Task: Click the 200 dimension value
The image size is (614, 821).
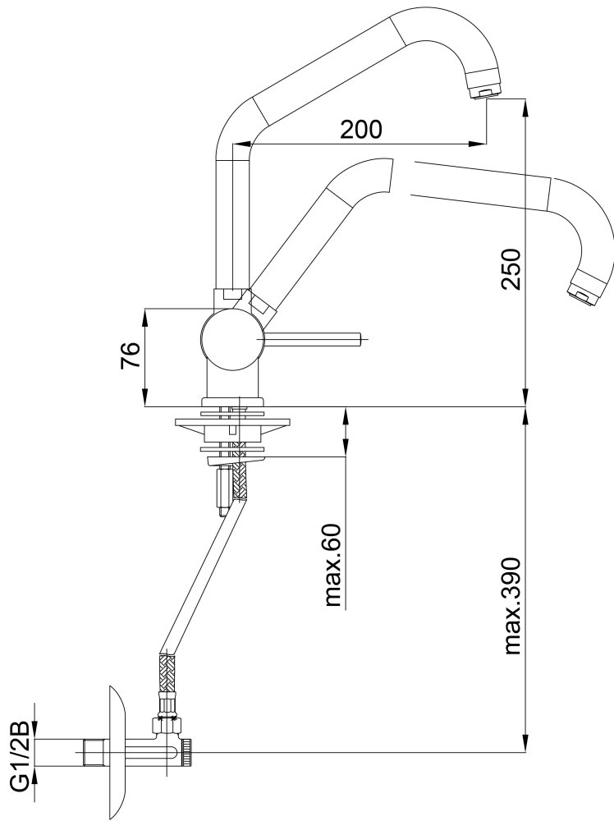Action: pyautogui.click(x=361, y=129)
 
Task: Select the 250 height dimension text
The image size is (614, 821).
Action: pyautogui.click(x=511, y=269)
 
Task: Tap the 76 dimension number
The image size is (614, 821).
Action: pyautogui.click(x=131, y=355)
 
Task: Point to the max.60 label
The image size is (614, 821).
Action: pyautogui.click(x=333, y=566)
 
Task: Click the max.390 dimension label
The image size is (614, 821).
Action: pyautogui.click(x=514, y=607)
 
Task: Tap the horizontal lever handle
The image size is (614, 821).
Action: pyautogui.click(x=311, y=339)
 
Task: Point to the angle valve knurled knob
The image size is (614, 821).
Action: pyautogui.click(x=187, y=752)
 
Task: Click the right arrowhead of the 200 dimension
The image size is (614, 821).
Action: pyautogui.click(x=476, y=144)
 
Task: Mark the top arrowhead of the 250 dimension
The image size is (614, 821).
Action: pyautogui.click(x=525, y=108)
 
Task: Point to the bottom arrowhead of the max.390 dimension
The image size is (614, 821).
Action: pyautogui.click(x=525, y=744)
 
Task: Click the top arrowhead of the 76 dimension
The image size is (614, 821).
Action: pyautogui.click(x=145, y=318)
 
